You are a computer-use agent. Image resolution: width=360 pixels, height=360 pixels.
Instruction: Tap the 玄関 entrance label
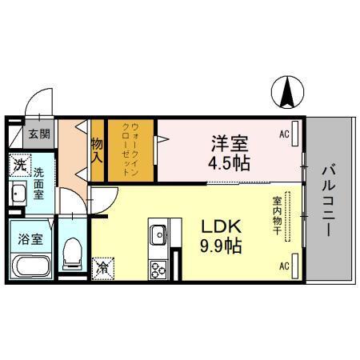coord(38,134)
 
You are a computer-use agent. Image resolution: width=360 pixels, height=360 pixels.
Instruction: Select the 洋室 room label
coord(230,144)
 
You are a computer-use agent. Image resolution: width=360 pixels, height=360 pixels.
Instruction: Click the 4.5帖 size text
coord(230,163)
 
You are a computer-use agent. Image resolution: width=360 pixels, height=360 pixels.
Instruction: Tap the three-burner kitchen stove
coord(157,269)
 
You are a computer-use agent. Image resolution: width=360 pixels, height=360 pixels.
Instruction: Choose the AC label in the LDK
coord(283,265)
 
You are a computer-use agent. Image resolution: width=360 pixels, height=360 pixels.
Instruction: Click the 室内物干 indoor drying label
coord(277,215)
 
